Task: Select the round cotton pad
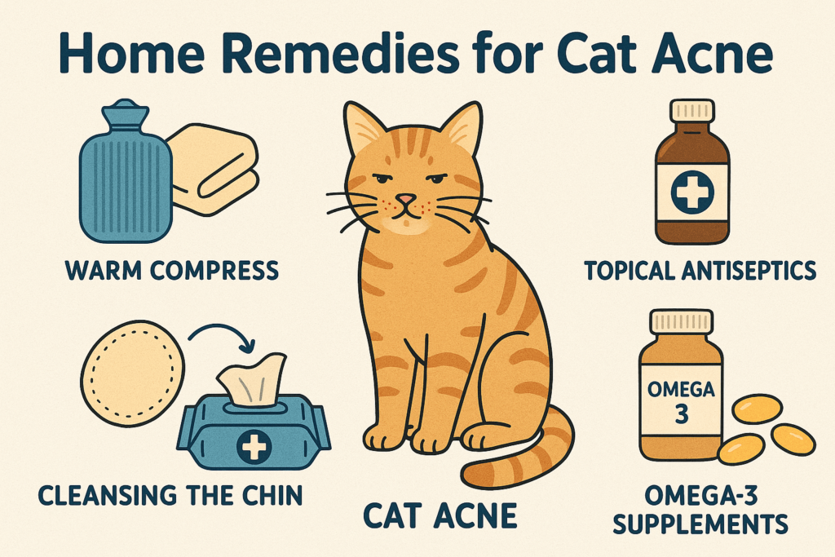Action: [x=133, y=374]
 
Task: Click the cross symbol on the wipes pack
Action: [x=254, y=446]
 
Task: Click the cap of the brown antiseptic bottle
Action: [x=691, y=110]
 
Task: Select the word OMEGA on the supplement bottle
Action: [x=681, y=389]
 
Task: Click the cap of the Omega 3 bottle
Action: [x=681, y=321]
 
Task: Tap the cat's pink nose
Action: [x=406, y=200]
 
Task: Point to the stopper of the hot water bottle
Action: [x=126, y=110]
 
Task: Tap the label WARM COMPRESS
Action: [x=172, y=271]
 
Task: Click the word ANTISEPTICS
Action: [x=749, y=271]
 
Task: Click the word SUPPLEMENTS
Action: [x=700, y=524]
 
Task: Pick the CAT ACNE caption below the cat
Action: [x=440, y=515]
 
